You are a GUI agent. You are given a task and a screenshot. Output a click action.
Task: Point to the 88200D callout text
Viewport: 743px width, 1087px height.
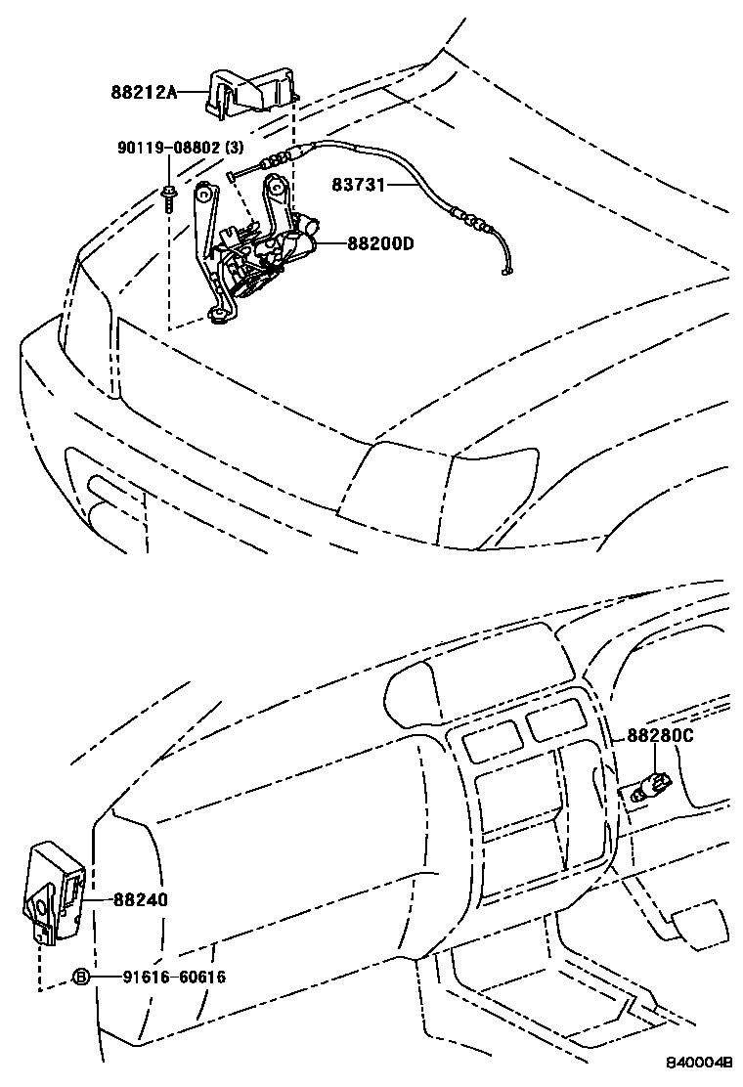click(381, 243)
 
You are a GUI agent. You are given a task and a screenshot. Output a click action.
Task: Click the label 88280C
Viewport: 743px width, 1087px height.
click(660, 736)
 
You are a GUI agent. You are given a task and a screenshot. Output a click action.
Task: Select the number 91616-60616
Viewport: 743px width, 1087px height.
click(174, 977)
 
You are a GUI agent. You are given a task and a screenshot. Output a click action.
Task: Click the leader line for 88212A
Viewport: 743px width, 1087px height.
click(192, 93)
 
